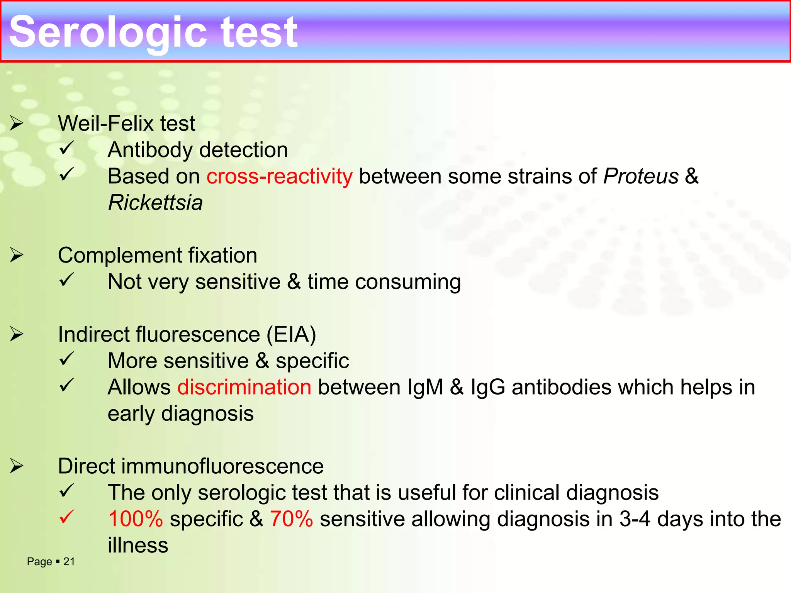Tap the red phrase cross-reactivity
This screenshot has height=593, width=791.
pyautogui.click(x=279, y=176)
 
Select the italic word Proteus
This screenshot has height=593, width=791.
pyautogui.click(x=641, y=176)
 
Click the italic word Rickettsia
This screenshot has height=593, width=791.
pyautogui.click(x=155, y=203)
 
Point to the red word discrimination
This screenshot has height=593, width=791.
pyautogui.click(x=244, y=387)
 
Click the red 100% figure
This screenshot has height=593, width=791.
pyautogui.click(x=136, y=519)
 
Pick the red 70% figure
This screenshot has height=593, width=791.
pyautogui.click(x=291, y=519)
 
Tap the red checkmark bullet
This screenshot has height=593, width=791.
pyautogui.click(x=67, y=517)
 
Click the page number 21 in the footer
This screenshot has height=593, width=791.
pyautogui.click(x=69, y=562)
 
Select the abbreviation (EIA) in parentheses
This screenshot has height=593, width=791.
pyautogui.click(x=292, y=334)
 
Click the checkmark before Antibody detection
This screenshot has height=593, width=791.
pyautogui.click(x=67, y=148)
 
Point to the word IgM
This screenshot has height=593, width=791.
pyautogui.click(x=425, y=387)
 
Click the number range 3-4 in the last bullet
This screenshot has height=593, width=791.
pyautogui.click(x=635, y=519)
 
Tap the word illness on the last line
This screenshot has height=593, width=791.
pyautogui.click(x=138, y=546)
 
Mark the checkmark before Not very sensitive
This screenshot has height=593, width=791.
pyautogui.click(x=67, y=280)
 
